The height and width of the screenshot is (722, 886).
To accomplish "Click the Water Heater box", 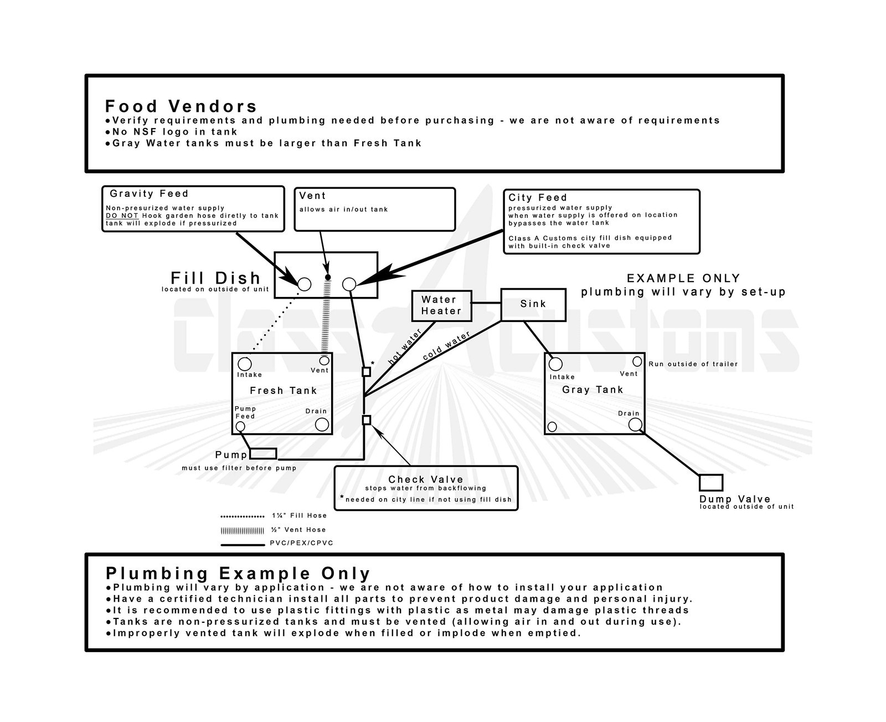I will tap(441, 306).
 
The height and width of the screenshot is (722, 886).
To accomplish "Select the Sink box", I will tap(533, 304).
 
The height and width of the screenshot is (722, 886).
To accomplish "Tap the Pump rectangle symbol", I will tap(263, 454).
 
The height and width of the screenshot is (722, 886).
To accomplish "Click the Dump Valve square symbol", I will tap(711, 483).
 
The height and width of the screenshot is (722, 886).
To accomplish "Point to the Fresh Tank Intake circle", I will tap(244, 364).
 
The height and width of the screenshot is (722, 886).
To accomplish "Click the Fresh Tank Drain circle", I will tap(322, 424).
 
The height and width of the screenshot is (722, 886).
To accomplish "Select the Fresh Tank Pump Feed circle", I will tap(240, 426).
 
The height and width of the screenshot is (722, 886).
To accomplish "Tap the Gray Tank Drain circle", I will tap(635, 424).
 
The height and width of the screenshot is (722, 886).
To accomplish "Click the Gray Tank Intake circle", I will tap(555, 363).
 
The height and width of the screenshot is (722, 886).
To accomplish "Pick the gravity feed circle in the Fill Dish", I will tap(305, 284).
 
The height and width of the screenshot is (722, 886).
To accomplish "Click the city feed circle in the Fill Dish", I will tap(349, 284).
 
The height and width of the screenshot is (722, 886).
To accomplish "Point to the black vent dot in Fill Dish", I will tap(328, 277).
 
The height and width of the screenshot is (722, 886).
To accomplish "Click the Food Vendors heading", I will tap(181, 106).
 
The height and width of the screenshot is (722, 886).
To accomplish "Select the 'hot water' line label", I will tap(405, 347).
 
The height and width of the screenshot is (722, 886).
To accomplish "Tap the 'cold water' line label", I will tap(446, 346).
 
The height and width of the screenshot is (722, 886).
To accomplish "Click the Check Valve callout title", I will tap(425, 479).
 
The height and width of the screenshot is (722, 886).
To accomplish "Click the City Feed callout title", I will tap(538, 197).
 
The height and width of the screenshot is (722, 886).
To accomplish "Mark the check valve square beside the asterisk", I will tap(366, 372).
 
